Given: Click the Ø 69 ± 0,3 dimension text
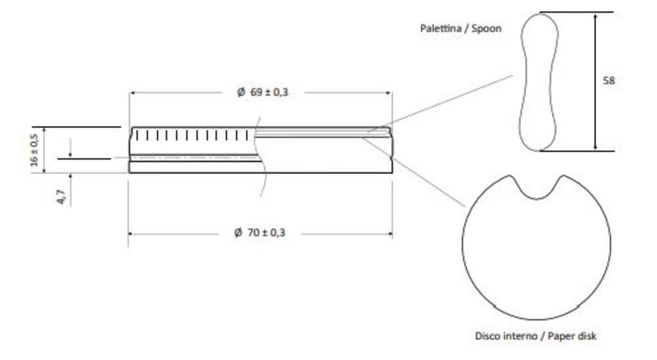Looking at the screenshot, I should (x=263, y=93).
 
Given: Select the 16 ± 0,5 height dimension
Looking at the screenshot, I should (x=35, y=150).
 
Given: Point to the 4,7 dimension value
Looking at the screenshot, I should (x=62, y=196).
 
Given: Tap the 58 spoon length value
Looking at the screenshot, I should (x=609, y=81).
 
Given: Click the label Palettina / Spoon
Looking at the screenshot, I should (x=460, y=29).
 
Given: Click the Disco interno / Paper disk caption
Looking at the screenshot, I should (x=535, y=336).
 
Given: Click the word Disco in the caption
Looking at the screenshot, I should (x=487, y=336).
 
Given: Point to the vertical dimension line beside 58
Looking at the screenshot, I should (x=595, y=81).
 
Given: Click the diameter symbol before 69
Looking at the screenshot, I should (x=241, y=93).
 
